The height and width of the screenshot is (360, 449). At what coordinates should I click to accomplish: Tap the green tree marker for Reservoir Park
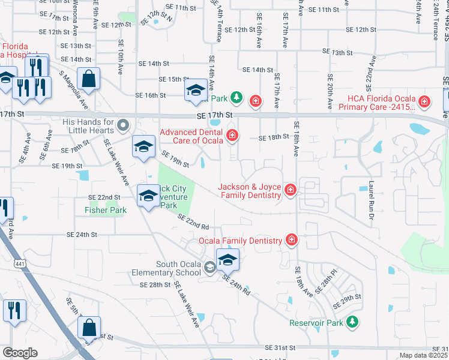(x=354, y=322)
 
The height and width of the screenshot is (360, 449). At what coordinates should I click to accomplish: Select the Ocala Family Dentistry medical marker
(x=292, y=241)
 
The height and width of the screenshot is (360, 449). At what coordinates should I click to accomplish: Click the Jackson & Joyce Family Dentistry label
(x=251, y=191)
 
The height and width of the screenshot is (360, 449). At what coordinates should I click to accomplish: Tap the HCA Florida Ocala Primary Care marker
(x=424, y=102)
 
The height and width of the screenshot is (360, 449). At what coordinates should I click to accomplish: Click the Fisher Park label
(x=106, y=211)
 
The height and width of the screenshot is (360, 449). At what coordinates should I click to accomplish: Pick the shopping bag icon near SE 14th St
(x=88, y=79)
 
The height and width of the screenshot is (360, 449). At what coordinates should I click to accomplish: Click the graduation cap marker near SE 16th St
(x=195, y=91)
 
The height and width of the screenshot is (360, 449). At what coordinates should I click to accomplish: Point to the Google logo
(x=20, y=353)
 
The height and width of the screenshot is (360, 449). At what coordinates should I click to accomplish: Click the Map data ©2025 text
(x=423, y=355)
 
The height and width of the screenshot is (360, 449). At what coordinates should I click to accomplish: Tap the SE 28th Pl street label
(x=327, y=281)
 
